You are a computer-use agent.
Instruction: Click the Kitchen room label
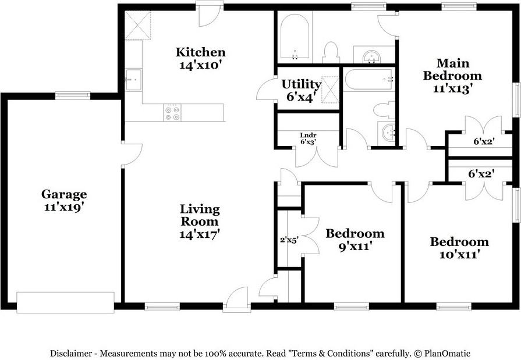[x=200, y=52]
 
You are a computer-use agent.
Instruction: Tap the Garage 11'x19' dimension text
[x=63, y=207]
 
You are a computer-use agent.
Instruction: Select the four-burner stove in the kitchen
[x=172, y=112]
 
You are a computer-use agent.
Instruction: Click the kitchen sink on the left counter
[x=133, y=80]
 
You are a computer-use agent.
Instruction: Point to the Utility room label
[x=301, y=84]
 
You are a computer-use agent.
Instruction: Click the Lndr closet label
[x=308, y=135]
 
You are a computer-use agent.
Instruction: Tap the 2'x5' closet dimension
[x=289, y=240]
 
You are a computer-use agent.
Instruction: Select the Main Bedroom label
[x=452, y=69]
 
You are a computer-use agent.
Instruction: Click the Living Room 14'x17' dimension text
[x=199, y=234]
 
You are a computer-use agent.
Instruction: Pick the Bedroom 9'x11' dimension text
[x=355, y=247]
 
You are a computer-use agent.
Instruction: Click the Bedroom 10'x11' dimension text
[x=459, y=254]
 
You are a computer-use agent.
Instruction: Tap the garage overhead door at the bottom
[x=65, y=302]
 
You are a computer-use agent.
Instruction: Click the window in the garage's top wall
[x=72, y=95]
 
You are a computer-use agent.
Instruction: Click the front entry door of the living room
[x=236, y=300]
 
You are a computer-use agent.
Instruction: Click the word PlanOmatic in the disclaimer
[x=447, y=354]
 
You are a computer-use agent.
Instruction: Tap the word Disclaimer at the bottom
[x=71, y=354]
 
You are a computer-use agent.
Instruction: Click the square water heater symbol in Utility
[x=330, y=90]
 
